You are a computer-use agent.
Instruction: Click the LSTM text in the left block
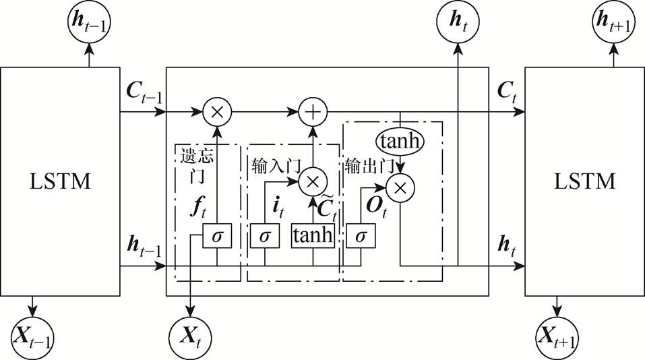(x=61, y=181)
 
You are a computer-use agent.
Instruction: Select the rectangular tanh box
(x=313, y=235)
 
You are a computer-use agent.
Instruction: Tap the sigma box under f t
(x=217, y=235)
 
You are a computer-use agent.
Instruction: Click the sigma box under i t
(x=264, y=235)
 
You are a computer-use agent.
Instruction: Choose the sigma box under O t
(x=361, y=235)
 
